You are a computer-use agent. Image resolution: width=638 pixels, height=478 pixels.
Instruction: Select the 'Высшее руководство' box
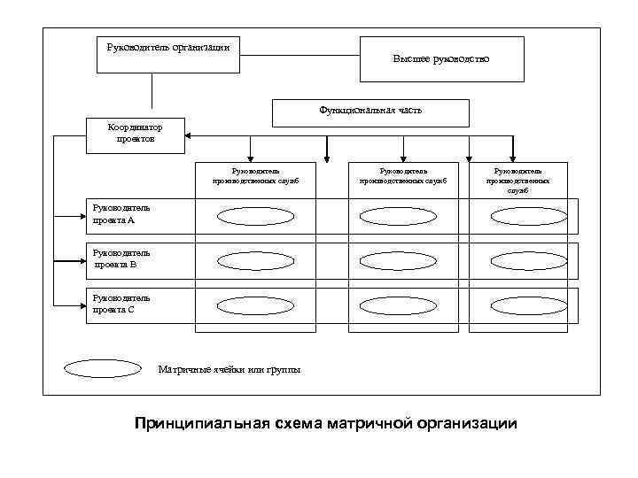click(440, 58)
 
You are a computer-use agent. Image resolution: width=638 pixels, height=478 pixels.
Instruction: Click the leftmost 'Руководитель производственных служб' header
click(255, 175)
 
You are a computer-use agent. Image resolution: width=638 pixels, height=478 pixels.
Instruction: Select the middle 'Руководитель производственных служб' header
click(403, 175)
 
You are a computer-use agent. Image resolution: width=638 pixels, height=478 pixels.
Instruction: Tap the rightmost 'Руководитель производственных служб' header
click(518, 180)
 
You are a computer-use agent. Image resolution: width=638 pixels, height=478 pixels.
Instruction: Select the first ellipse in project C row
click(255, 306)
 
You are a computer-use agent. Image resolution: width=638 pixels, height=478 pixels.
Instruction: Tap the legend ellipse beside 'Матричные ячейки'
click(104, 368)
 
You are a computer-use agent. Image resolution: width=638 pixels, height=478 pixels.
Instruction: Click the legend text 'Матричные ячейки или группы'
click(229, 368)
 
